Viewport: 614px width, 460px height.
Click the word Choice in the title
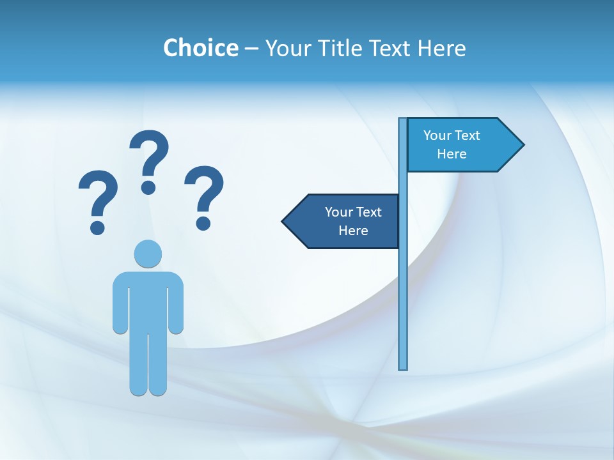[x=200, y=48]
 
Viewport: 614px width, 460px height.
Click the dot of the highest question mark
[x=148, y=187]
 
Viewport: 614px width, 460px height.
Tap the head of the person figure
[x=148, y=254]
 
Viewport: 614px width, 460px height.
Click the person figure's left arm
[x=120, y=303]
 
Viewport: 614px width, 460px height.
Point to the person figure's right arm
[x=176, y=303]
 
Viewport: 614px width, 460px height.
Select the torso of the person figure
[x=148, y=300]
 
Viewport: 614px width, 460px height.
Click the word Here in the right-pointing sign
[x=452, y=154]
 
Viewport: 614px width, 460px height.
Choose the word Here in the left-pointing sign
[x=353, y=231]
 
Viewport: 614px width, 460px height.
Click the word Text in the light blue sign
[x=467, y=135]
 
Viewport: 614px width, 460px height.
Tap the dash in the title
[x=251, y=49]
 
